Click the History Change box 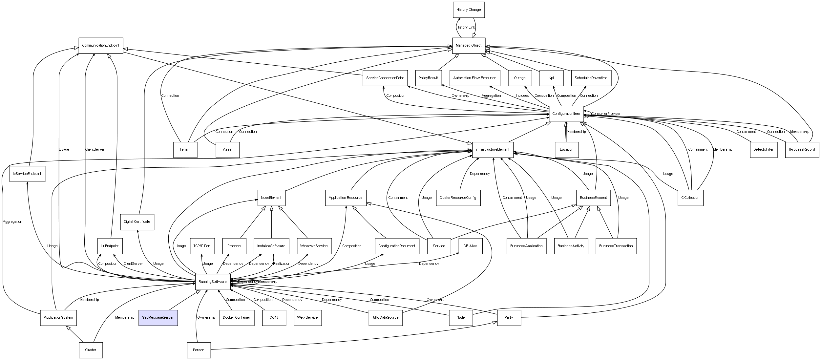point(468,10)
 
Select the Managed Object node point(468,46)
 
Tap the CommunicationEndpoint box point(101,46)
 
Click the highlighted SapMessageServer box point(158,317)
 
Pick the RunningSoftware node point(213,282)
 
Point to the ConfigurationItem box point(566,114)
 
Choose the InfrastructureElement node point(492,150)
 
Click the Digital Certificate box point(137,222)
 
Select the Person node point(199,350)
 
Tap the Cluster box point(91,350)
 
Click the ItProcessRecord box point(802,150)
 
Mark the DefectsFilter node point(763,150)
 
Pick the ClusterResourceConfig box point(458,198)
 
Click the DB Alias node point(470,246)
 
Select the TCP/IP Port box point(202,246)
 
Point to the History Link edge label point(466,28)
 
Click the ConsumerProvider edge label point(606,114)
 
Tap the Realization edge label point(282,264)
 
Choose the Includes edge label point(522,96)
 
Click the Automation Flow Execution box point(474,78)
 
